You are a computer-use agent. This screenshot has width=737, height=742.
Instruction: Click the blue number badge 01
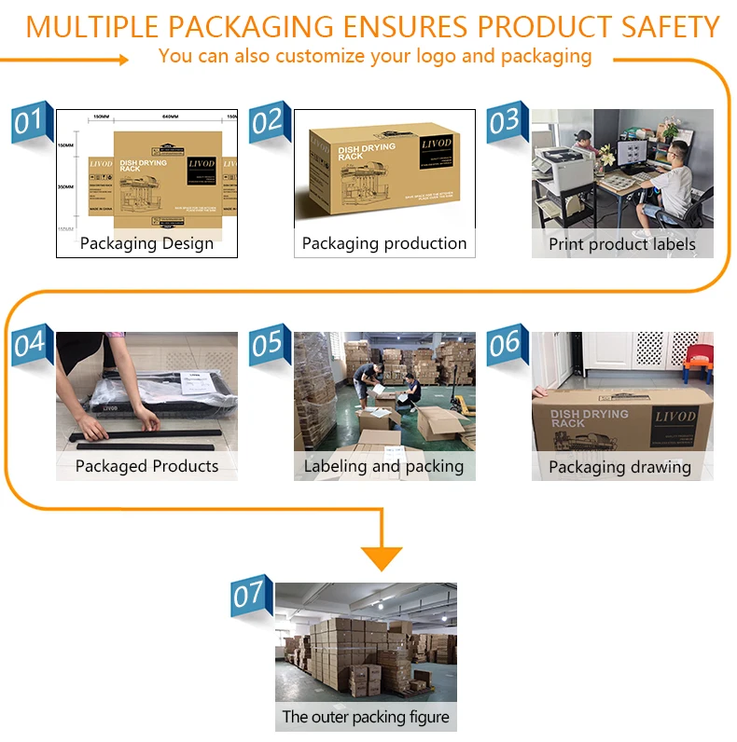(28, 122)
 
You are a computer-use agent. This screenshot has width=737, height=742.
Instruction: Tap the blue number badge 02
(267, 122)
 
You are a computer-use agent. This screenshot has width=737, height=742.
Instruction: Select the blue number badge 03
(504, 122)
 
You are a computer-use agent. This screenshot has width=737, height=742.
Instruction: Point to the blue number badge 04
(28, 344)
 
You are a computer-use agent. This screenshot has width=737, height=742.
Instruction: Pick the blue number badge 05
(267, 344)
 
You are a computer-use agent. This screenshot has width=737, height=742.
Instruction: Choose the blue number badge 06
(504, 344)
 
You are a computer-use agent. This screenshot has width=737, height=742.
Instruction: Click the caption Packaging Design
(146, 244)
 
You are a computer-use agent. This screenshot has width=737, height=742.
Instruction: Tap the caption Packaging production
(384, 243)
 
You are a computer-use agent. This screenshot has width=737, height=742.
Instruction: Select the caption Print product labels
(622, 244)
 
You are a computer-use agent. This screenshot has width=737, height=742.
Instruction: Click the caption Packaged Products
(146, 466)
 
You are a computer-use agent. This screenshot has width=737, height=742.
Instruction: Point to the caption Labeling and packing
(384, 466)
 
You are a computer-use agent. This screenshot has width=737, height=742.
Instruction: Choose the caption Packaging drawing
(620, 467)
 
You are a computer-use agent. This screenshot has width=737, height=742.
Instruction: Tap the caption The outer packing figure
(366, 717)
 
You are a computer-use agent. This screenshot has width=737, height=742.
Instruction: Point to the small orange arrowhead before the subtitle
(123, 60)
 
